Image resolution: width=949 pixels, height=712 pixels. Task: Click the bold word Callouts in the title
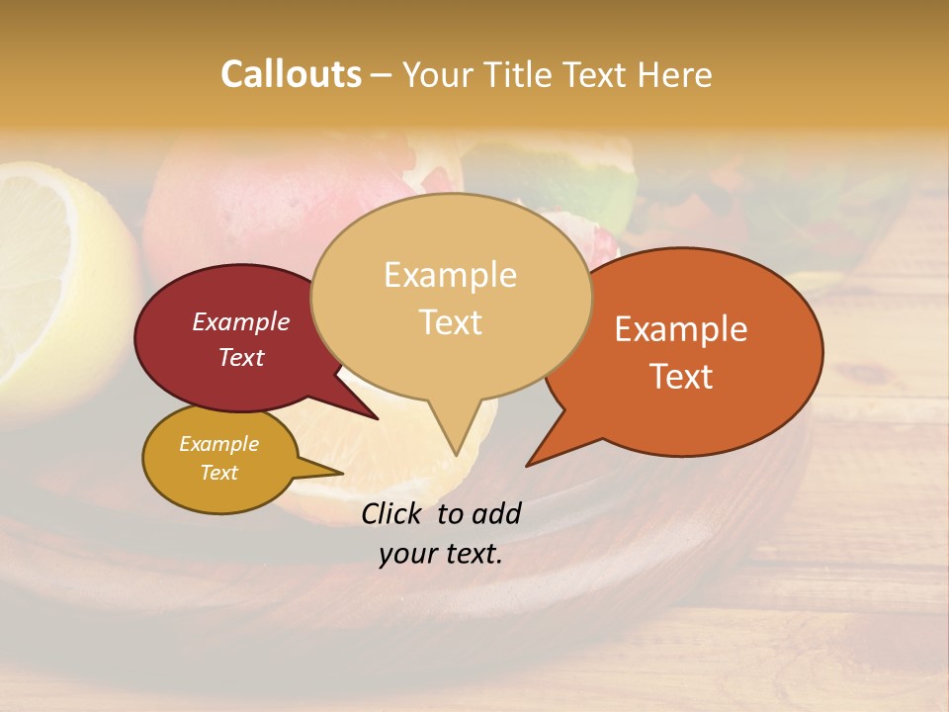coord(291,74)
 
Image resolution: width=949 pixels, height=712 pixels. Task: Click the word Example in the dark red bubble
coord(241,321)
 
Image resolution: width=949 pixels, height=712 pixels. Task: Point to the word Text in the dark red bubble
coord(241,357)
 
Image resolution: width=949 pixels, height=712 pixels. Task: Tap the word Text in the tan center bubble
coord(451,321)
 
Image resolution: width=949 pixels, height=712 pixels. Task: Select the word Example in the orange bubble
coord(681,329)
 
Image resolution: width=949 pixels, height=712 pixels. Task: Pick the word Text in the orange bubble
coord(681,376)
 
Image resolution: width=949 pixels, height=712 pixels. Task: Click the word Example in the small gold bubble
coord(218,444)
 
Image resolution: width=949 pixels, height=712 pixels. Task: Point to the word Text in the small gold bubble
coord(218,473)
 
